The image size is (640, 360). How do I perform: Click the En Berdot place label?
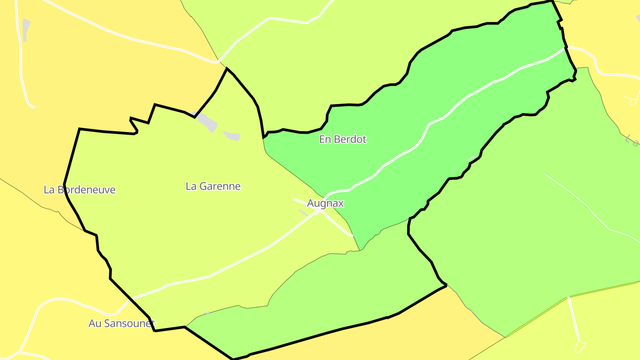(343, 140)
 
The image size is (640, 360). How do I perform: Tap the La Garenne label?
(213, 187)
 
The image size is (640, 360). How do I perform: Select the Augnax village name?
(325, 204)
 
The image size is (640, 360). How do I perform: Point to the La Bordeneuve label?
(80, 190)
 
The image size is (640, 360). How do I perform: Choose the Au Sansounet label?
(121, 324)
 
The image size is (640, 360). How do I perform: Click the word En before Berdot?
(324, 140)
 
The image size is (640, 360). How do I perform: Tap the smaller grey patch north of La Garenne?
(232, 136)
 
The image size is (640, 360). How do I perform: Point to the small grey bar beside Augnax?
(303, 212)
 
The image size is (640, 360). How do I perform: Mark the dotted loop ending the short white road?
(580, 345)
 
